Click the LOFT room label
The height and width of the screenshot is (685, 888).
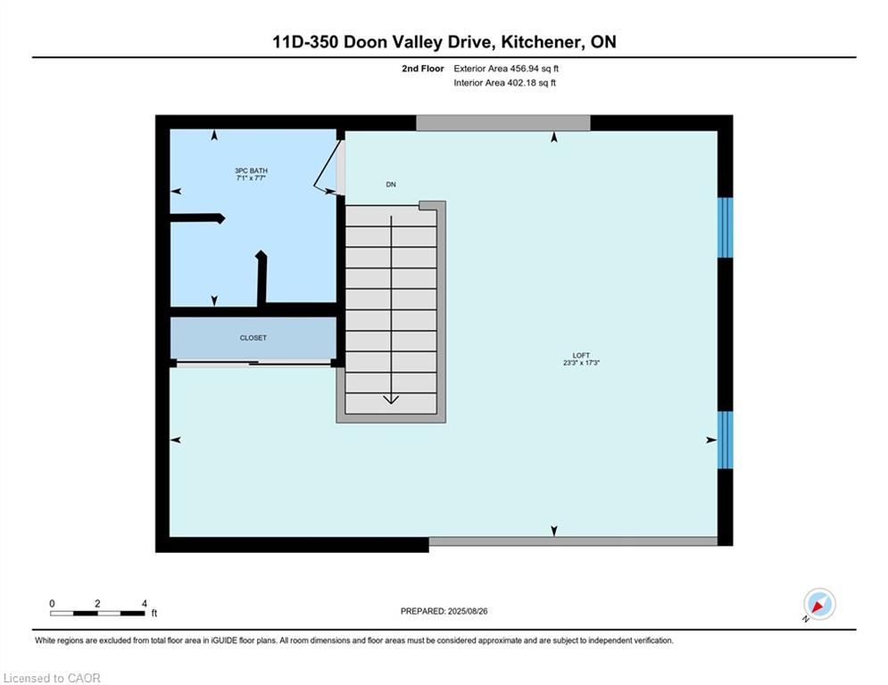[x=581, y=356]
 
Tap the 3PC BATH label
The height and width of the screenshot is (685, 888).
[x=251, y=170]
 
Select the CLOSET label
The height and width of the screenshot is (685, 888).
[x=253, y=338]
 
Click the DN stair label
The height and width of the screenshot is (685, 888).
[x=391, y=185]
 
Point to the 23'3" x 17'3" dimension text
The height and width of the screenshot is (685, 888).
[x=581, y=363]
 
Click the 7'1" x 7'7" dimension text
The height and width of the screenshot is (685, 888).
[x=251, y=177]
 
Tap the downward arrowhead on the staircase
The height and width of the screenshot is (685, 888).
[x=391, y=400]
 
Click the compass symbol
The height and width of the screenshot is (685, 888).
[x=819, y=604]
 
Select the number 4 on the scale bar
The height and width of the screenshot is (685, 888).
[x=145, y=604]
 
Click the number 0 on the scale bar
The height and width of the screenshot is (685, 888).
[x=52, y=604]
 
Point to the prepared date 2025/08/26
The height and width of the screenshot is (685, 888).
[x=468, y=611]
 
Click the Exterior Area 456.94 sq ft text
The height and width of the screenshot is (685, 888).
[x=506, y=69]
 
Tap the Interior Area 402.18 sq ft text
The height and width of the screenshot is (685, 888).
[x=504, y=83]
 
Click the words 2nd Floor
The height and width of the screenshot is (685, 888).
[x=422, y=69]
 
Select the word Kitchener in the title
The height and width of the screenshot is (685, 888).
[x=541, y=42]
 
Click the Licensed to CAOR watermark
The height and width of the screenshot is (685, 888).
[x=52, y=678]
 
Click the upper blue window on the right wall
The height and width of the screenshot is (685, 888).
[x=725, y=227]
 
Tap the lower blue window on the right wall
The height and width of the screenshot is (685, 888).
[x=725, y=440]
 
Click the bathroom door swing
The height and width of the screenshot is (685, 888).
[x=328, y=168]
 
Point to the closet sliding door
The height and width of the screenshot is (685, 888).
[x=253, y=363]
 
